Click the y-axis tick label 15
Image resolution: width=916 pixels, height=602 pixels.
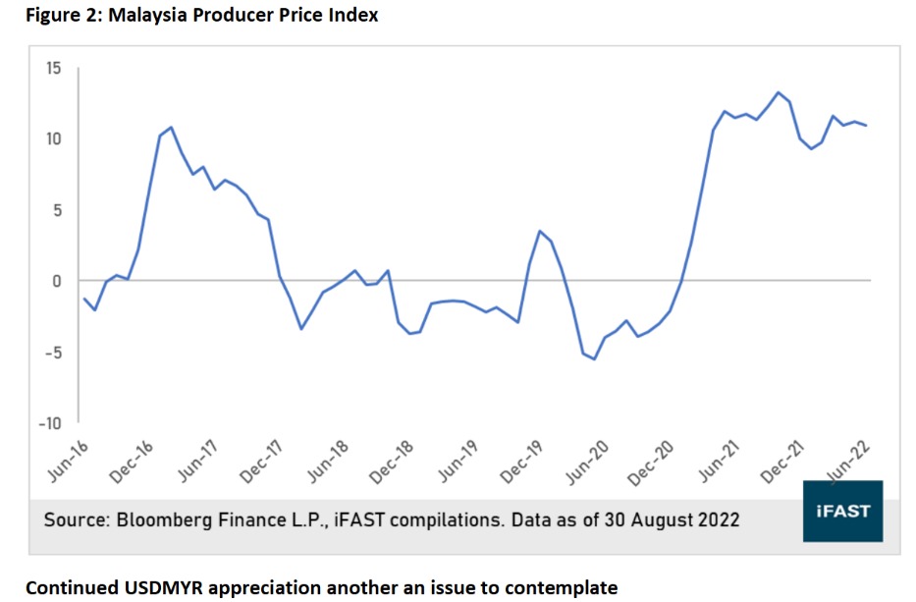click(x=52, y=69)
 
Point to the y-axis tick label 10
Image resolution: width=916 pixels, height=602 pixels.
click(x=52, y=138)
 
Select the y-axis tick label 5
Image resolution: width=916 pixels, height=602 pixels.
click(x=56, y=210)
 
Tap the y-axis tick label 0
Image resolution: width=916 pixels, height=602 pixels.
click(x=56, y=281)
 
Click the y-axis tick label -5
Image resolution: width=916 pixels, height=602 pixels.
click(x=52, y=353)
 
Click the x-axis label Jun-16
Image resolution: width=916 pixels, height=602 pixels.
click(x=68, y=461)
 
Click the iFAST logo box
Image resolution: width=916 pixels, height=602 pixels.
click(x=842, y=512)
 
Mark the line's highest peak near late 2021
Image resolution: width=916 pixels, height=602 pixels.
click(x=778, y=92)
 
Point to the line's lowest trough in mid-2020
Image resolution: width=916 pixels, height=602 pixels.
click(x=594, y=359)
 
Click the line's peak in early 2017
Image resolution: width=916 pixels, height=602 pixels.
click(x=171, y=127)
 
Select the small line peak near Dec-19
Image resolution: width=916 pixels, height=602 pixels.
click(x=539, y=231)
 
